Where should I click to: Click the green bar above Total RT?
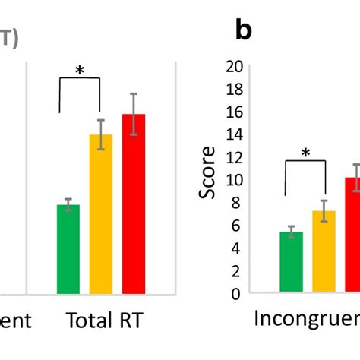[68, 249]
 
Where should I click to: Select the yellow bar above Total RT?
[101, 214]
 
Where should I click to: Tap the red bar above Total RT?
[134, 204]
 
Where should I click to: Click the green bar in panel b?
[291, 262]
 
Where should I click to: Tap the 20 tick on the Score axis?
[234, 66]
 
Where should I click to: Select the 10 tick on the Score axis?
[234, 180]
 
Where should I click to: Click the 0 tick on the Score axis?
[238, 293]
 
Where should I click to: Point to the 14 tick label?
[234, 134]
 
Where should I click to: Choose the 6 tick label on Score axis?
[238, 226]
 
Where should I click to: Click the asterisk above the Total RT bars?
[80, 71]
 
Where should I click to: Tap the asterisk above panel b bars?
[305, 153]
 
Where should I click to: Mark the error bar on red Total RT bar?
[134, 114]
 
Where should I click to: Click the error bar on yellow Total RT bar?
[101, 134]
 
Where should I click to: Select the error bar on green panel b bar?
[291, 232]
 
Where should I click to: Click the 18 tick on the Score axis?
[234, 89]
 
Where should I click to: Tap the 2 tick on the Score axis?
[238, 271]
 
